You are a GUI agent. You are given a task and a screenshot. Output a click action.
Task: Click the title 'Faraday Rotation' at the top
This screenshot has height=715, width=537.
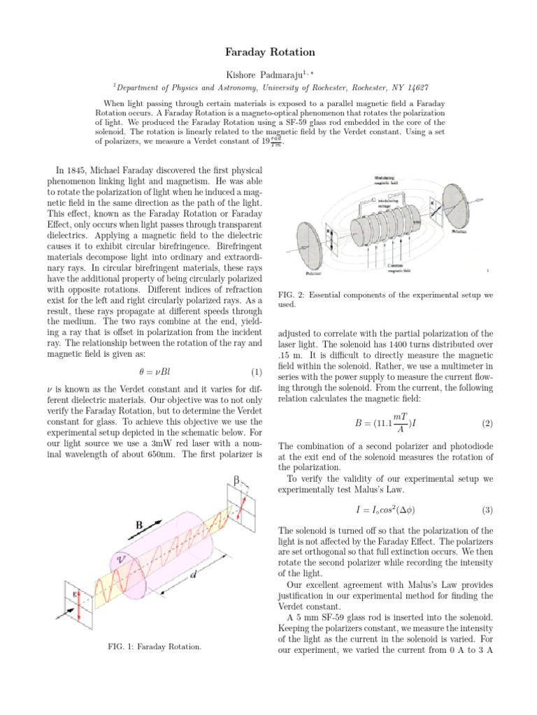tap(269, 52)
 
